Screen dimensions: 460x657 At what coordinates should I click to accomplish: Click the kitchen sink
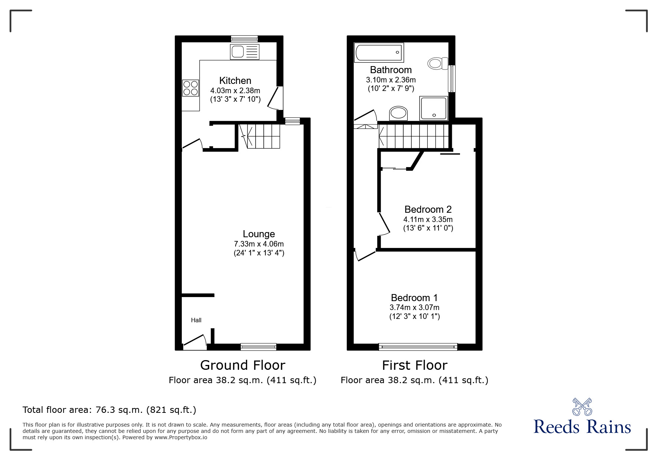(244, 52)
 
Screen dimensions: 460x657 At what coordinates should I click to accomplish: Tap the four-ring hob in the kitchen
(190, 88)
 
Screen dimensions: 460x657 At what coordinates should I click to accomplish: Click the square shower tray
(434, 108)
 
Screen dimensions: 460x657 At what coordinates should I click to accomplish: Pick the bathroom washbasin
(398, 113)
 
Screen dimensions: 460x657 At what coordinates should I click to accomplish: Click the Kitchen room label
(235, 81)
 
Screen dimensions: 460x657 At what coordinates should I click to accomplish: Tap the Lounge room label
(259, 234)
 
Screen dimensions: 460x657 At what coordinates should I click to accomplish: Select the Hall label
(196, 320)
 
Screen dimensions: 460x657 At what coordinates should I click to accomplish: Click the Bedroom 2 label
(428, 209)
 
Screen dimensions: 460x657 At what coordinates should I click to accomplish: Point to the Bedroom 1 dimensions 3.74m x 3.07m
(414, 307)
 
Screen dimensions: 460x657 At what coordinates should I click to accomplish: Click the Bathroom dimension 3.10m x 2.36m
(391, 80)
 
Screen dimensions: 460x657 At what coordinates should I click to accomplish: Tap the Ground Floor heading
(243, 365)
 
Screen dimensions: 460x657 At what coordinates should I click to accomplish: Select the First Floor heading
(414, 365)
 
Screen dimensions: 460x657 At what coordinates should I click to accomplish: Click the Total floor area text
(109, 410)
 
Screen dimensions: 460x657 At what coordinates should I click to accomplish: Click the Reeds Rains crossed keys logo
(582, 407)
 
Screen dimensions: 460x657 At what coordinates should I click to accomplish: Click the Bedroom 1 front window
(418, 347)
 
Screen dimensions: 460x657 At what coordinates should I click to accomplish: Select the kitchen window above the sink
(244, 39)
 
